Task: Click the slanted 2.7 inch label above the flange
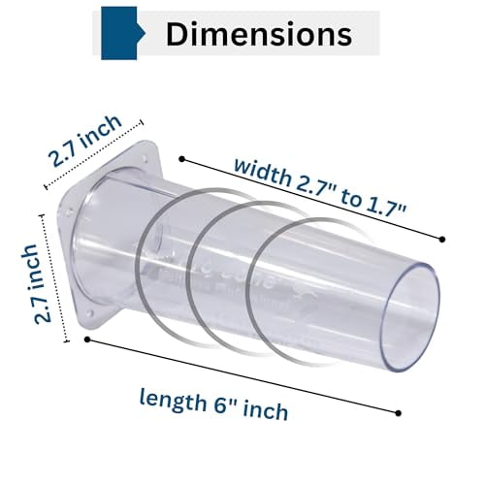click(86, 142)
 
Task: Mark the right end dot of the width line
click(442, 239)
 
